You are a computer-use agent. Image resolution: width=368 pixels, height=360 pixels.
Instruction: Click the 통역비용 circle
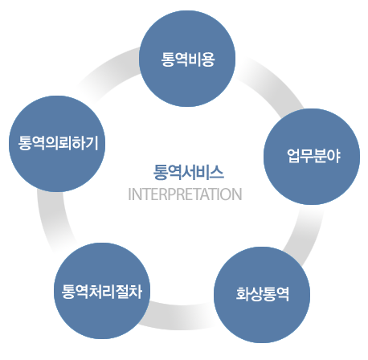187,59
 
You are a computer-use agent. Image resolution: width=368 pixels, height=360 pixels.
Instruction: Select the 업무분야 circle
312,157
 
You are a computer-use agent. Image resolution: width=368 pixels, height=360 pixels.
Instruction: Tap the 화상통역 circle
262,295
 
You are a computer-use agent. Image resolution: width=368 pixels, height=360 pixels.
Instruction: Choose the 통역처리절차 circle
102,291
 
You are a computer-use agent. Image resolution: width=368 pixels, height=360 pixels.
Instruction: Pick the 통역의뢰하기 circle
57,144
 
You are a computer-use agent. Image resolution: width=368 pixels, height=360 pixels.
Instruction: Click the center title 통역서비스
188,172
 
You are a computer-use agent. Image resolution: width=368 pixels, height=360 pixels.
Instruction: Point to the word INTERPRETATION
185,194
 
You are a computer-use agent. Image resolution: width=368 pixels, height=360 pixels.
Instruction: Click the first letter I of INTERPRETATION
129,194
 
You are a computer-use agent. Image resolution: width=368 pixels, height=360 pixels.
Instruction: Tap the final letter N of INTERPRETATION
237,194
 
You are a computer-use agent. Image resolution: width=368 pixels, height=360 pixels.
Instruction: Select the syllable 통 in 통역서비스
160,172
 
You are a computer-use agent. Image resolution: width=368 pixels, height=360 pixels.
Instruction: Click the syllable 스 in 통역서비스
217,172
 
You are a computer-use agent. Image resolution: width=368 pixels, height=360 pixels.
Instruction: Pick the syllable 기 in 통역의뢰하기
92,143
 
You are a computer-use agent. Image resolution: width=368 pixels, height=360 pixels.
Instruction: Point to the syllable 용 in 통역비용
208,59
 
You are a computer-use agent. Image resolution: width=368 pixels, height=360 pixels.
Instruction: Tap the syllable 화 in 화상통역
243,294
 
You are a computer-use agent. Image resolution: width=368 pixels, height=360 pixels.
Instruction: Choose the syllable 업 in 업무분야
293,156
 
